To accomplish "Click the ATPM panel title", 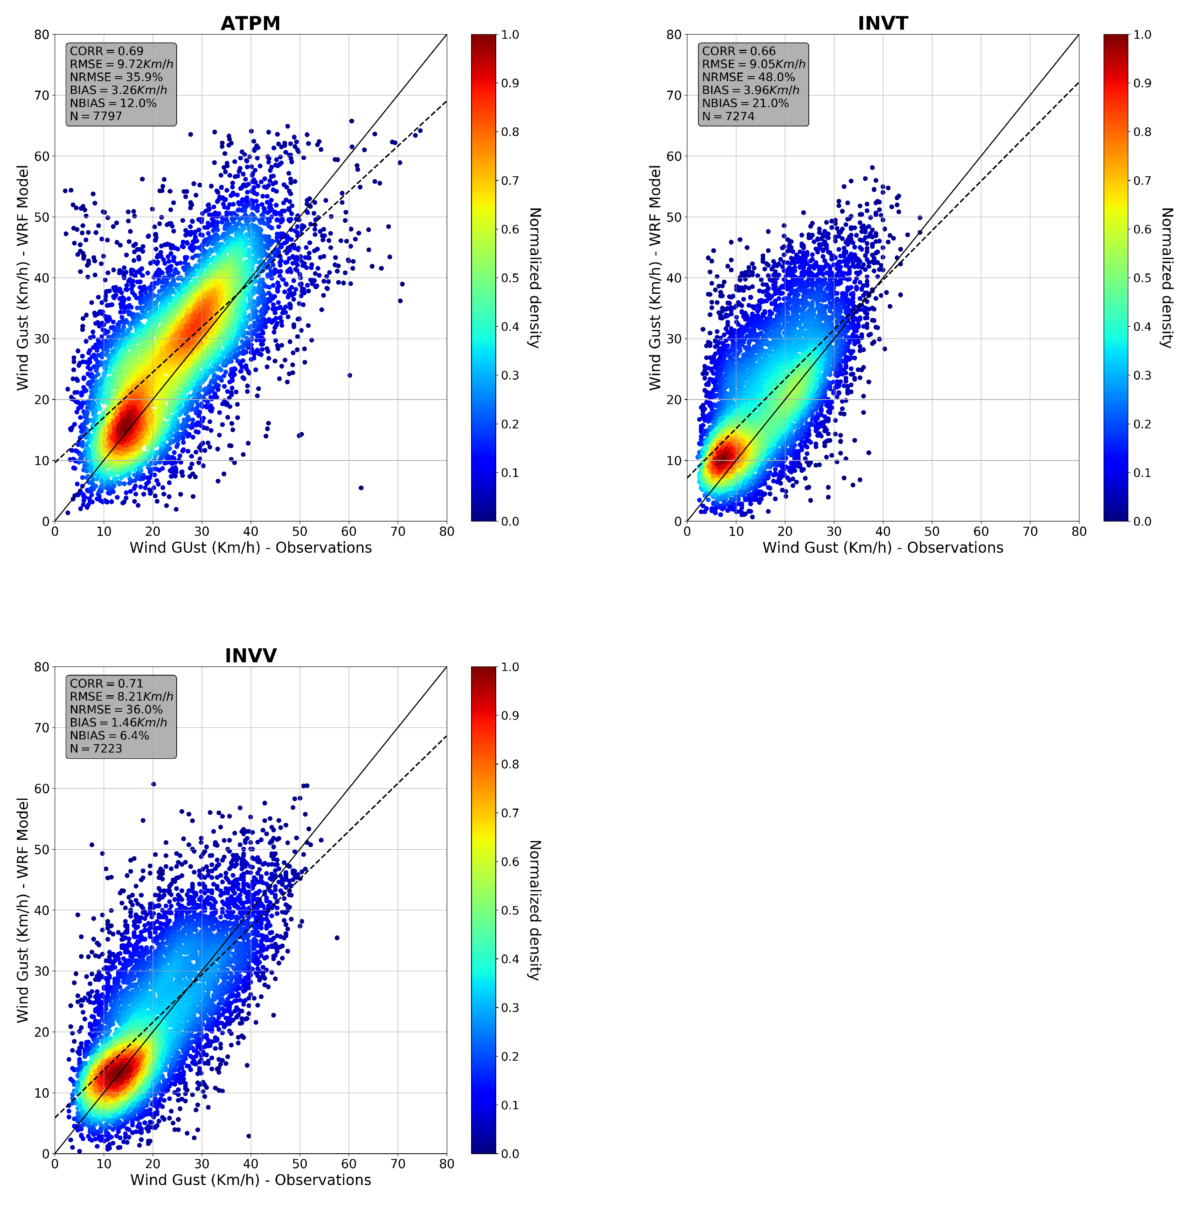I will (250, 23).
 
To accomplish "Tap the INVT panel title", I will (882, 23).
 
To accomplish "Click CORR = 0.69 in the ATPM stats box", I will (107, 51).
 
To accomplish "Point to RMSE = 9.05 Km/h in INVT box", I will (753, 64).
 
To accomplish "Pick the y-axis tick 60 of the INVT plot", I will (674, 157).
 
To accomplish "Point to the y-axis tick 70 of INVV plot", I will (42, 727).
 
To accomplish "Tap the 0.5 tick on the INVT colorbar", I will (1142, 278).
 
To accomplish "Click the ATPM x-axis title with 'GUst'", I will (250, 547).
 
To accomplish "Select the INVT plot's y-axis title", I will (655, 278).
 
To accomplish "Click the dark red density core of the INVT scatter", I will (723, 460).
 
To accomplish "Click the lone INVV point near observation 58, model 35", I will (337, 937).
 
